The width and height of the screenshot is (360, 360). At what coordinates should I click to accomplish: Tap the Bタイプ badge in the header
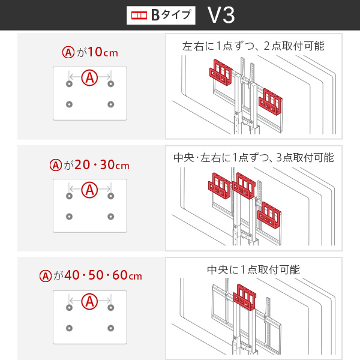(x=162, y=15)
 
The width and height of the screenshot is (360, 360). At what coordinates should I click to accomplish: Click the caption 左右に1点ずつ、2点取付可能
(x=253, y=46)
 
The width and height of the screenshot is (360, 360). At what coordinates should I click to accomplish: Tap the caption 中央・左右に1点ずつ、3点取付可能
(x=253, y=158)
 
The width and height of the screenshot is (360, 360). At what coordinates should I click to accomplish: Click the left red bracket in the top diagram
(x=221, y=71)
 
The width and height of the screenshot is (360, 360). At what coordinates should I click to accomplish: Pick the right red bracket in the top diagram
(x=272, y=101)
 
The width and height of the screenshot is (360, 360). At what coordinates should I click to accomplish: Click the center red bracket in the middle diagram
(x=244, y=185)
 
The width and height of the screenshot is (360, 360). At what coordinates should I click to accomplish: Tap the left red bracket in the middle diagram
(x=219, y=186)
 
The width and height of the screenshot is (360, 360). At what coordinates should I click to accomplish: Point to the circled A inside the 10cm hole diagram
(x=89, y=77)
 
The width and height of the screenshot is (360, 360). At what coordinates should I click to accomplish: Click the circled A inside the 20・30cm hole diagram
(x=89, y=189)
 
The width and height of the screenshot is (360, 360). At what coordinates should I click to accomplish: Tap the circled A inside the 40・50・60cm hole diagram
(x=89, y=301)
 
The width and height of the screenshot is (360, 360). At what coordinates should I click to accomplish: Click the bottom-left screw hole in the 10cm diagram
(x=69, y=104)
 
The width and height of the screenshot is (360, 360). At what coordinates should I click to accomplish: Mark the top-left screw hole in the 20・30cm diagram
(x=69, y=196)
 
